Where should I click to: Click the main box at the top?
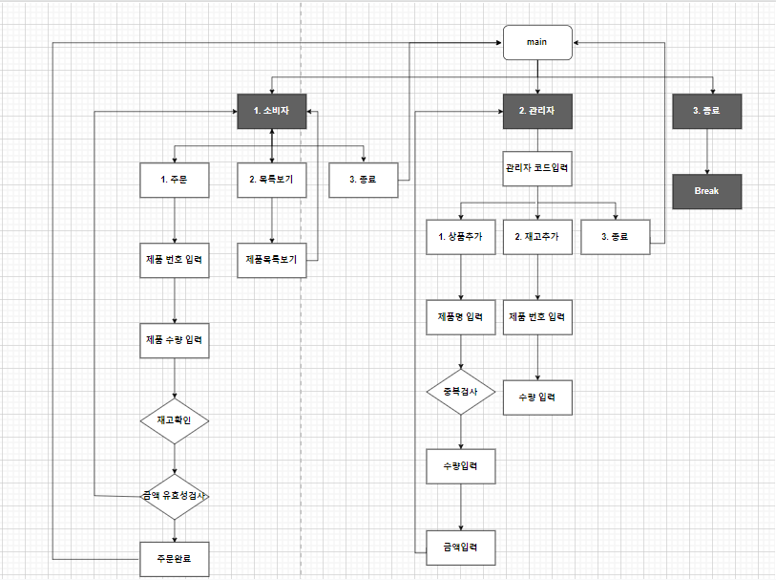[x=537, y=43]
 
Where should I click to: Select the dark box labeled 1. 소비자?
[x=272, y=112]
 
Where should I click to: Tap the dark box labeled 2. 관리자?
[x=537, y=112]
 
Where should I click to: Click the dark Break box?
[x=706, y=191]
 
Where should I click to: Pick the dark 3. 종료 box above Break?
[x=706, y=112]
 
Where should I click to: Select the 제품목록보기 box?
[x=272, y=259]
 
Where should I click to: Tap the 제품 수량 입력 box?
[x=175, y=340]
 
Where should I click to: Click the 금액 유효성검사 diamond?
[x=175, y=497]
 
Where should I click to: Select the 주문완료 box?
[x=175, y=558]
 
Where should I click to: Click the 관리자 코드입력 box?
[x=537, y=168]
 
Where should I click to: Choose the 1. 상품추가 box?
[x=461, y=236]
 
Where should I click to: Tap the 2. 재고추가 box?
[x=537, y=236]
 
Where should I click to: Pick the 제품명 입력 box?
[x=461, y=317]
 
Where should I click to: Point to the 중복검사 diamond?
[x=461, y=392]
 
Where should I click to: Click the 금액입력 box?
[x=461, y=547]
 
